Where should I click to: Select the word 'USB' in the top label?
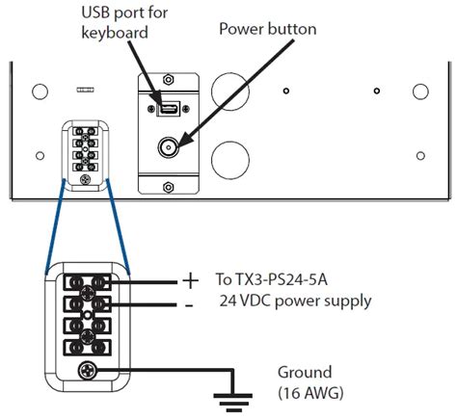tap(97, 13)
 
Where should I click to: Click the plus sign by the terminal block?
tap(190, 281)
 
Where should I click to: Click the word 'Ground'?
tap(305, 372)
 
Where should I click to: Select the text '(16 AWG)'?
tap(310, 392)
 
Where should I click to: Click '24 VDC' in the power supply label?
tap(248, 301)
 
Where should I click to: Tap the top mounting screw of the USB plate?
tap(170, 76)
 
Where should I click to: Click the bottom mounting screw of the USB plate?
tap(170, 183)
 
